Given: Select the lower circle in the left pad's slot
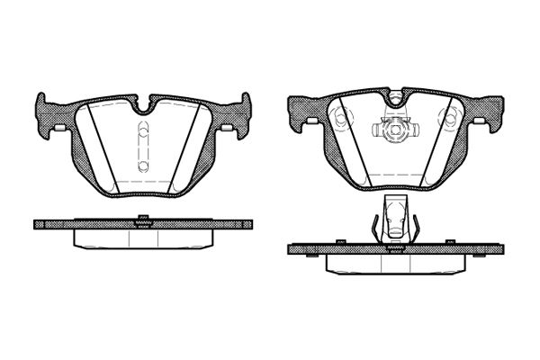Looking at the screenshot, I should tap(142, 167).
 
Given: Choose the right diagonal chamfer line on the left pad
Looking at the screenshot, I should tap(191, 148).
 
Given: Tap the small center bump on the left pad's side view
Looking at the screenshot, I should tap(141, 217).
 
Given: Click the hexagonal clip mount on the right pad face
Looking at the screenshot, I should tap(394, 130).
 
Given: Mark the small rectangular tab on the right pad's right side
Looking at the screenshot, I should tap(479, 121).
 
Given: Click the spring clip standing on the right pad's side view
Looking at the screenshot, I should tap(395, 220).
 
